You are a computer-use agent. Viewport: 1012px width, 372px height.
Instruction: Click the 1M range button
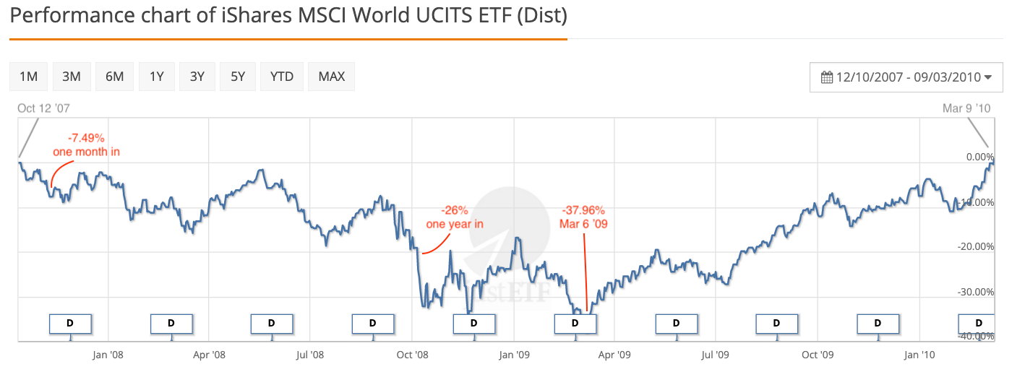click(x=29, y=77)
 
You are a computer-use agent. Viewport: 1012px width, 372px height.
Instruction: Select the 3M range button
click(x=72, y=77)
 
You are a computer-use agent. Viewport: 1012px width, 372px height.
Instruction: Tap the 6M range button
click(x=114, y=77)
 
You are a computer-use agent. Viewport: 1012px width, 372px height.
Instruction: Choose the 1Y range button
click(x=156, y=77)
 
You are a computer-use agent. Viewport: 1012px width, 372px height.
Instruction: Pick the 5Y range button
click(x=238, y=77)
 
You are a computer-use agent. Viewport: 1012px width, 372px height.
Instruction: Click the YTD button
click(x=282, y=77)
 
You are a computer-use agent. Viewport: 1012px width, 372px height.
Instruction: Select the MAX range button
click(x=332, y=77)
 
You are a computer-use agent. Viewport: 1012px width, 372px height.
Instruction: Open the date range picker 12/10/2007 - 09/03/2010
click(x=906, y=77)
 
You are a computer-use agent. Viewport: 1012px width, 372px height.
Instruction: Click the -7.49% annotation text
click(x=86, y=137)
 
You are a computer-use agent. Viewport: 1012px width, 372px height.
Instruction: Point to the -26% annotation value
click(x=455, y=210)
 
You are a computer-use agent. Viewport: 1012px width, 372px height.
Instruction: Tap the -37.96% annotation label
click(x=583, y=210)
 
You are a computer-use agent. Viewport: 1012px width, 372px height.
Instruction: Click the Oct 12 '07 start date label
click(x=43, y=108)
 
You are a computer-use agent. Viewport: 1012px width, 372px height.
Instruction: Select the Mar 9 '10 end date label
click(x=966, y=108)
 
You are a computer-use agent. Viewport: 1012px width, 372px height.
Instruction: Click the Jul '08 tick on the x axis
click(x=310, y=355)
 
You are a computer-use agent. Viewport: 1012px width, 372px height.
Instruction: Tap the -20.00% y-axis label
click(x=974, y=247)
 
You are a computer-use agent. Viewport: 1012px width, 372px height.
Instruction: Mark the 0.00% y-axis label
click(x=980, y=157)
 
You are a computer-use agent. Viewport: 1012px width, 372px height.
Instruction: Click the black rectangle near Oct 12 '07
click(x=26, y=138)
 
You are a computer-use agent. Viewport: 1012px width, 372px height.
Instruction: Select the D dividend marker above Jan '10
click(x=878, y=323)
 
